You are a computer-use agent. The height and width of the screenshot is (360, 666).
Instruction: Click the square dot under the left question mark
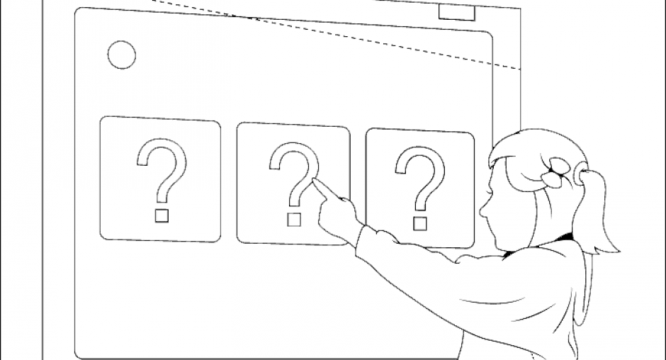(162, 215)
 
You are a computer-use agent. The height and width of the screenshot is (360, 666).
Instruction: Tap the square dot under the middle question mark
(294, 220)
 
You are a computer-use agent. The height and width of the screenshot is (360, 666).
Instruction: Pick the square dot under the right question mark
(419, 223)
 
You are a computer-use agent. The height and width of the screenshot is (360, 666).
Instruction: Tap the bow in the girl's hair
(555, 172)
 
